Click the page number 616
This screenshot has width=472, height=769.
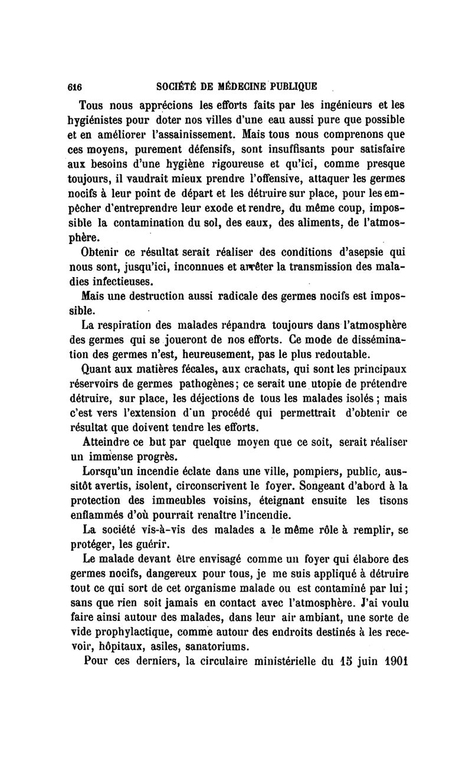tap(74, 86)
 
